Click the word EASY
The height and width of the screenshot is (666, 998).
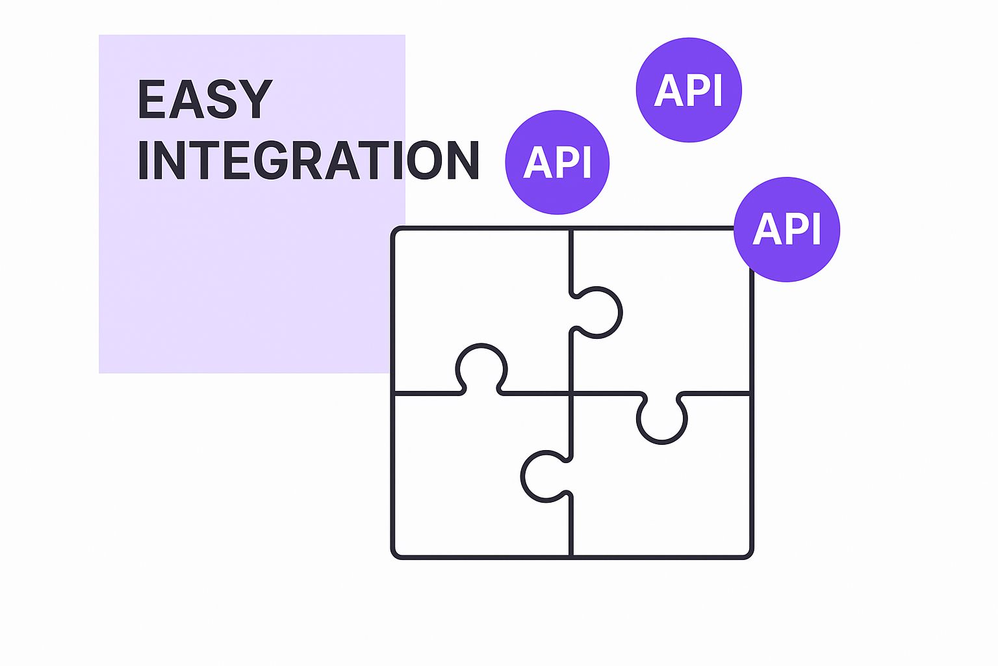pyautogui.click(x=204, y=100)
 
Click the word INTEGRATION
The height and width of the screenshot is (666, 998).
pyautogui.click(x=308, y=160)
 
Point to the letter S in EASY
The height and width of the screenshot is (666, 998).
pyautogui.click(x=222, y=100)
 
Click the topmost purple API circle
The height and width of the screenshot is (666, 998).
pyautogui.click(x=689, y=90)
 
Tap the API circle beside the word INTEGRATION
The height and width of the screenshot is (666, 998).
pyautogui.click(x=557, y=162)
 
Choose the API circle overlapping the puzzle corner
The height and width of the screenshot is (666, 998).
pyautogui.click(x=787, y=229)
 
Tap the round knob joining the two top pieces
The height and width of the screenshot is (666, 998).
pyautogui.click(x=598, y=312)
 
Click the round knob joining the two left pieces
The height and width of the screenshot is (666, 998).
pyautogui.click(x=481, y=367)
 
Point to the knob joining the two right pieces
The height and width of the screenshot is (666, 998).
pyautogui.click(x=662, y=420)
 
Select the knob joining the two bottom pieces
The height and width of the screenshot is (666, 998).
pyautogui.click(x=544, y=477)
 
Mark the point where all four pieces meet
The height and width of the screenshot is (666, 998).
pyautogui.click(x=571, y=393)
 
